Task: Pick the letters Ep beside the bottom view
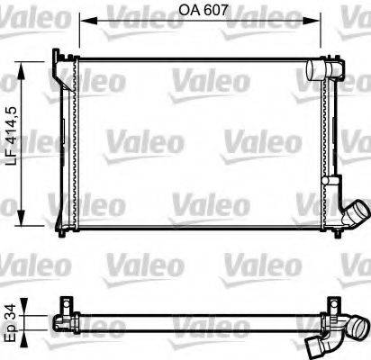point(8,334)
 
